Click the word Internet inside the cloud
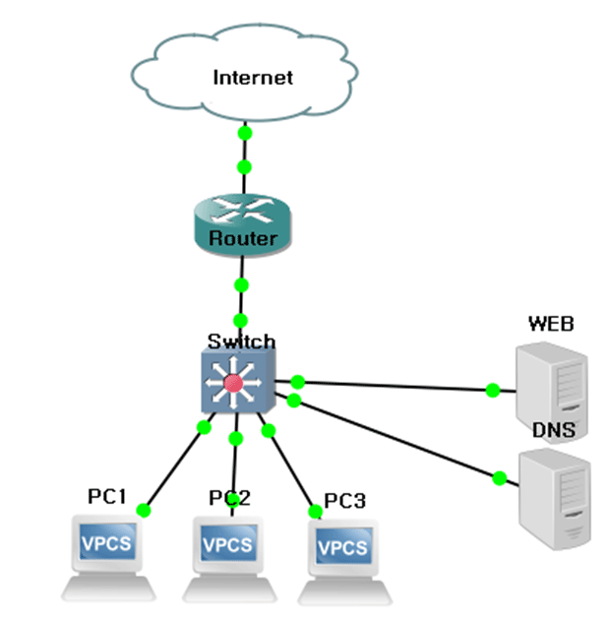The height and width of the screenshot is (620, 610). point(253,77)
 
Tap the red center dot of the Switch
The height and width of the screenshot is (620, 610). point(233,383)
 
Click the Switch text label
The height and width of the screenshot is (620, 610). point(241,342)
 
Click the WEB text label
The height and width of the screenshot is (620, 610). point(551,323)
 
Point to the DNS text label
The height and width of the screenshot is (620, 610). point(554,430)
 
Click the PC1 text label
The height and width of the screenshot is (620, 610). point(107,497)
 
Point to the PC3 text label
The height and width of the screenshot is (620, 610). point(345,501)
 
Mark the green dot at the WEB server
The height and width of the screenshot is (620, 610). point(493,390)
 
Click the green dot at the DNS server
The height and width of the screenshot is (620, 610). point(499,478)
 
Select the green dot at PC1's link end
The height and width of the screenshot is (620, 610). point(144,510)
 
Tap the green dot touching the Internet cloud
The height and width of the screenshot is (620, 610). point(244,133)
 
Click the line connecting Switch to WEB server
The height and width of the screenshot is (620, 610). point(394,385)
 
